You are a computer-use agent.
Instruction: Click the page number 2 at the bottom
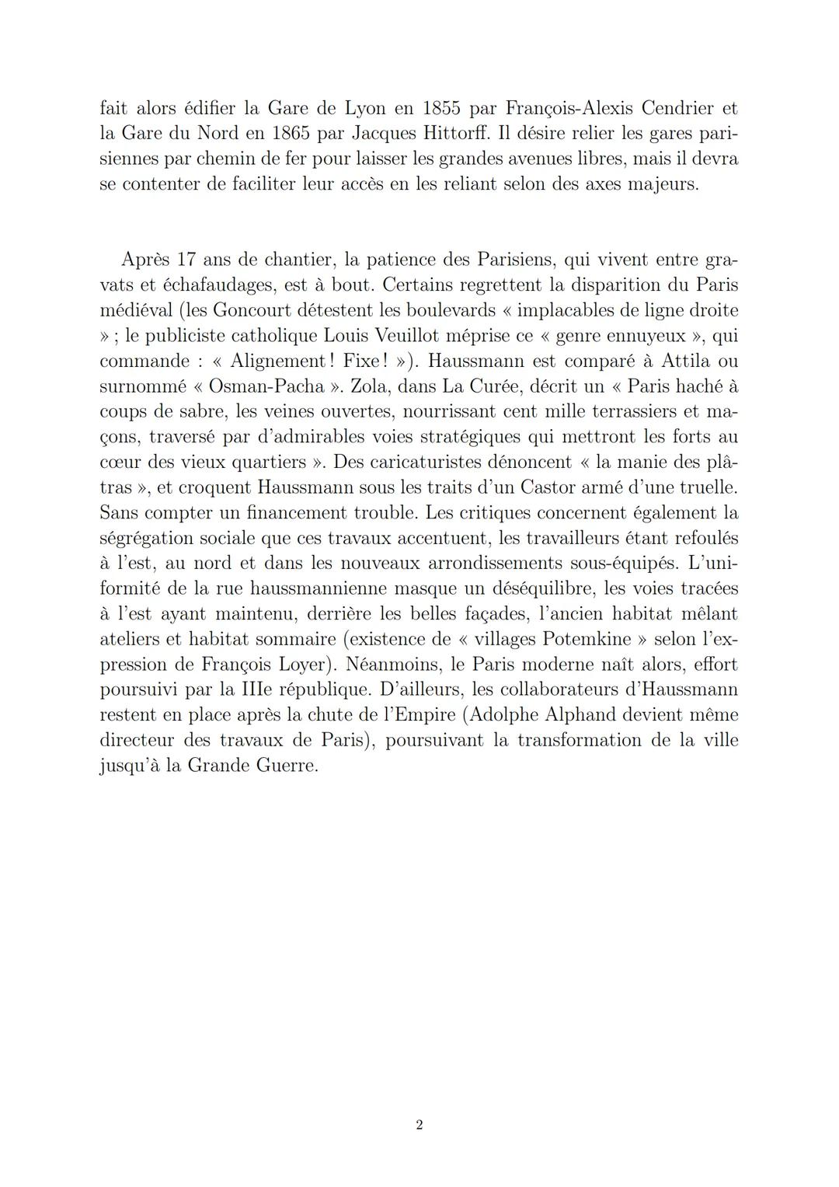click(419, 1125)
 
